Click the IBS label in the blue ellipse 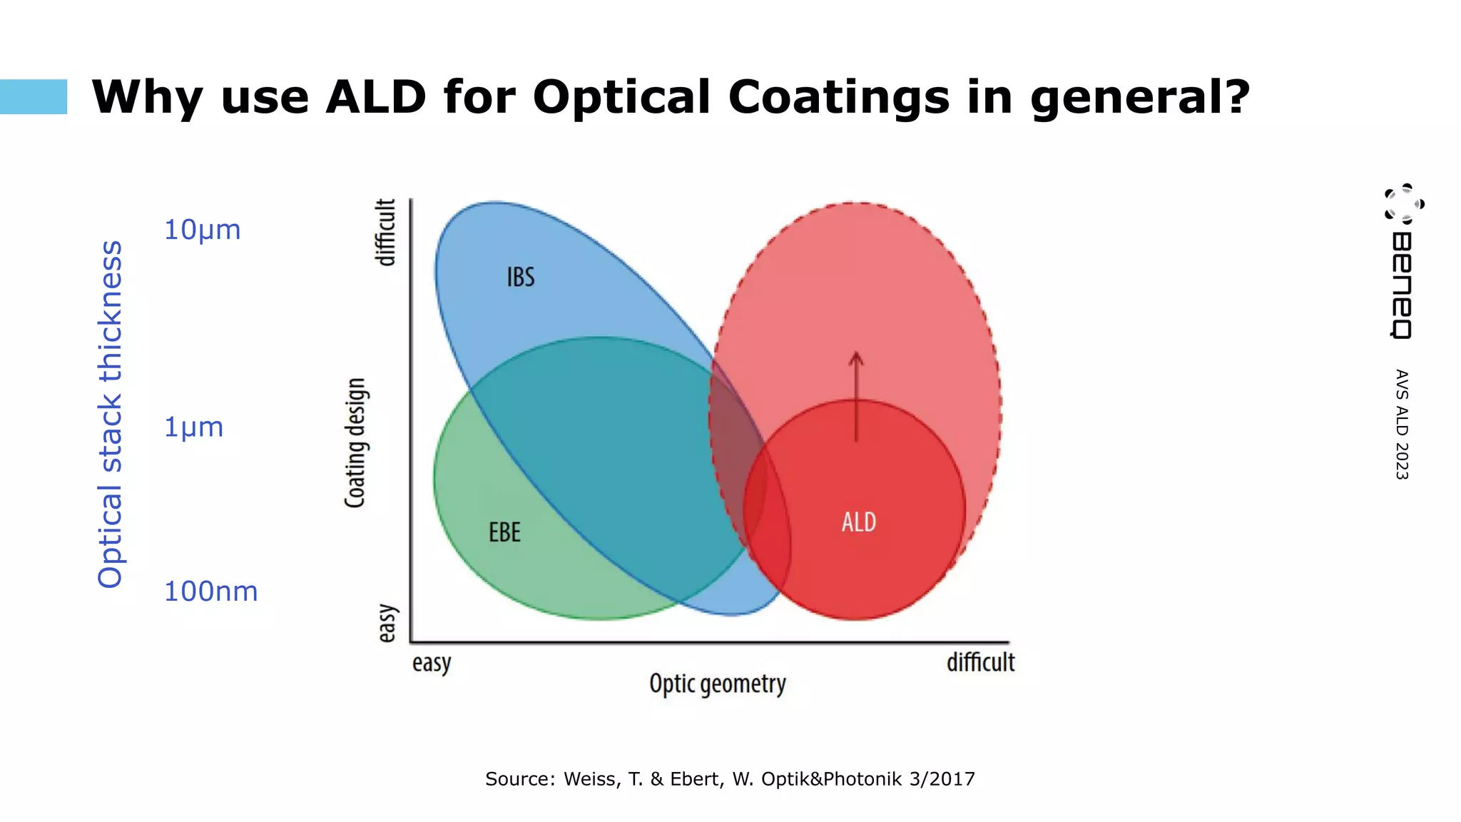point(521,277)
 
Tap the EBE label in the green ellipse point(504,532)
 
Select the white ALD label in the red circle point(858,522)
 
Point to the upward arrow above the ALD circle point(856,396)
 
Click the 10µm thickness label point(203,230)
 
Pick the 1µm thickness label point(194,427)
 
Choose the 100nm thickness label point(210,592)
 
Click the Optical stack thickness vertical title point(111,414)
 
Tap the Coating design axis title point(355,442)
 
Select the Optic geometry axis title point(717,684)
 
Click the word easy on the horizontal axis point(432,663)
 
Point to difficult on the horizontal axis point(980,662)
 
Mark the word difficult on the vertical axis point(385,233)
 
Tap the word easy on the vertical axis point(386,623)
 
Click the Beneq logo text point(1402,285)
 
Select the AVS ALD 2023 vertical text point(1402,425)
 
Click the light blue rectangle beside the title point(34,96)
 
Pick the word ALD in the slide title point(376,97)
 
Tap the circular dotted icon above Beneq point(1404,203)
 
